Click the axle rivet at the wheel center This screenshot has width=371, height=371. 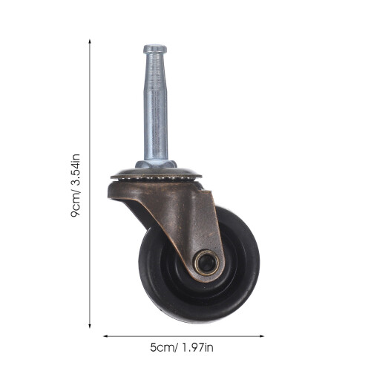(x=206, y=262)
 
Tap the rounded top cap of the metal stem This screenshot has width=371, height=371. (x=155, y=49)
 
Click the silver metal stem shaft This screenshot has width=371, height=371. (x=156, y=106)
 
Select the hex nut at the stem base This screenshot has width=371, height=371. (x=156, y=164)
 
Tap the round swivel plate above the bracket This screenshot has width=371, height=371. (x=156, y=173)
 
